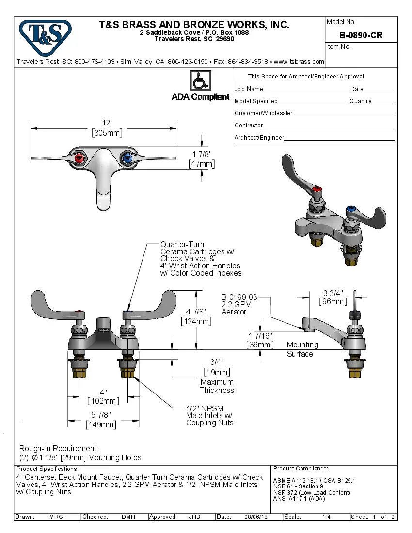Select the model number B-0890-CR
point(361,35)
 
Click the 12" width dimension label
point(107,123)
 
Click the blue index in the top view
point(127,157)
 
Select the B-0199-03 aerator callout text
point(239,297)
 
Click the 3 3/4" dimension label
point(333,293)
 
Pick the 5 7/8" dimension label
point(101,415)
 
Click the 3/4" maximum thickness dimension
point(217,362)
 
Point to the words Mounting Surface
point(302,349)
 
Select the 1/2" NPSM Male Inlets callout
point(209,416)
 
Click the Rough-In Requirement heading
point(59,448)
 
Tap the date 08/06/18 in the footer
point(255,517)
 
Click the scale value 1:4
point(326,517)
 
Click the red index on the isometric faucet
point(317,189)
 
